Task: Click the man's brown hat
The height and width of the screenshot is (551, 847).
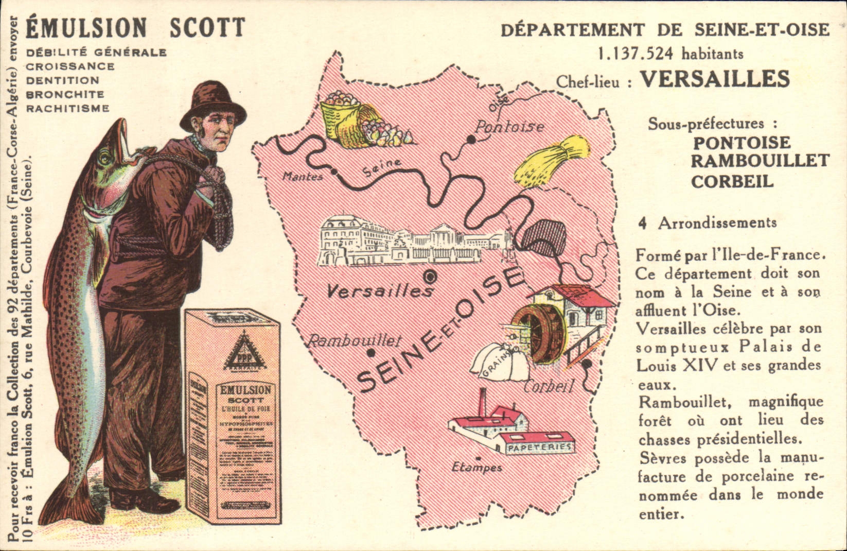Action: click(x=212, y=105)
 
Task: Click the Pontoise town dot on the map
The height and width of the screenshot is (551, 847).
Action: click(x=470, y=139)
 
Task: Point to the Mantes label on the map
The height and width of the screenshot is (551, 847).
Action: click(x=303, y=177)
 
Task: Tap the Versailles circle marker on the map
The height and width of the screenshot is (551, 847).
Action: click(x=431, y=277)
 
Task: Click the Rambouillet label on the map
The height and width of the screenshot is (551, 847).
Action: click(x=353, y=340)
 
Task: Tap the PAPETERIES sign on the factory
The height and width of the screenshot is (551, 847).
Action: click(x=540, y=447)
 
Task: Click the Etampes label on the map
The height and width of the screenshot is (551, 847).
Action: click(x=477, y=468)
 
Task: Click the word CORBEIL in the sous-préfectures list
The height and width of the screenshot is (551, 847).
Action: click(x=732, y=181)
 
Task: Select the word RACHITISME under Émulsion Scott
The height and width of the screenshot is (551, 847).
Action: click(x=67, y=109)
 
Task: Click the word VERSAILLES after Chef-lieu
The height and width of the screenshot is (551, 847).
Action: click(x=715, y=79)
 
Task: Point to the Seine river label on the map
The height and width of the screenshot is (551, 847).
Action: click(x=381, y=167)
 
